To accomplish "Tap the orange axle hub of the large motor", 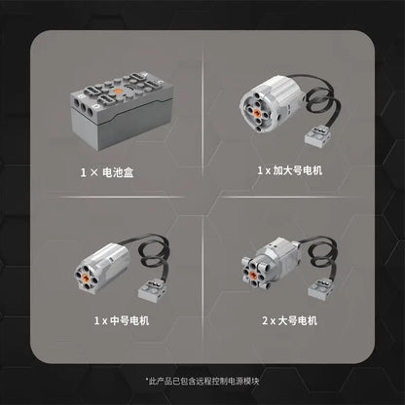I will pyautogui.click(x=259, y=269).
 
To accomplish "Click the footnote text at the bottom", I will pyautogui.click(x=202, y=381).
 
